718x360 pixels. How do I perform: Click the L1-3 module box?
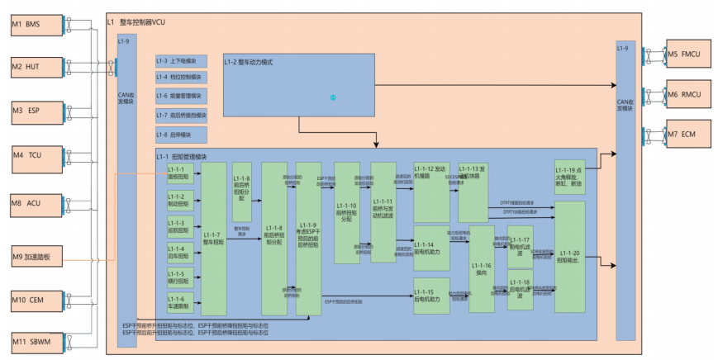point(181,61)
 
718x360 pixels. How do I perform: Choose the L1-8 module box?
point(181,135)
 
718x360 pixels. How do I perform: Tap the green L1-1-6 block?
point(180,302)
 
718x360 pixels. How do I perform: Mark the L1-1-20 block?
point(569,256)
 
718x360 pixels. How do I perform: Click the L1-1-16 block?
point(481,268)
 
